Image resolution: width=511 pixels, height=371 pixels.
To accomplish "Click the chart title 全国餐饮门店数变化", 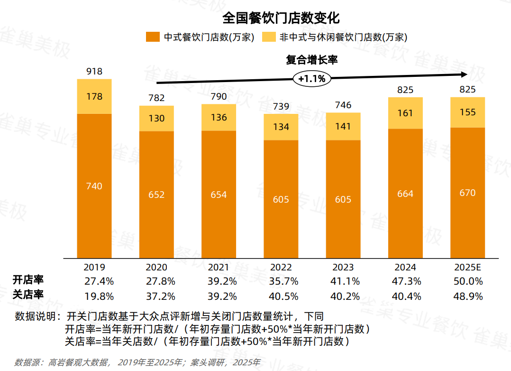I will [x=281, y=18].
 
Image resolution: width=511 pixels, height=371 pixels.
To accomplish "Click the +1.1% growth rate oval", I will [x=312, y=79].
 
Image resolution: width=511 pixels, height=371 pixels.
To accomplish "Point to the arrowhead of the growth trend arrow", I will [x=464, y=74].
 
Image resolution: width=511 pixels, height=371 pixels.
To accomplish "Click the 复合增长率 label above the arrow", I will [x=311, y=60].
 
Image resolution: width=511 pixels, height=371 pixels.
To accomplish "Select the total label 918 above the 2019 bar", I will [x=94, y=71].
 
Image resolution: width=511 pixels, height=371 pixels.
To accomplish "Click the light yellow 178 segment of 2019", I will [x=94, y=96].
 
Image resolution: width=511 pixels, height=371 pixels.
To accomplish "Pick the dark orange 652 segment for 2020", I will [x=156, y=195].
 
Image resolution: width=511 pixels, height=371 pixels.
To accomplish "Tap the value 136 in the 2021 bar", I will [x=219, y=117].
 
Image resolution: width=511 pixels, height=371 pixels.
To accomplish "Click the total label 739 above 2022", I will [x=281, y=106].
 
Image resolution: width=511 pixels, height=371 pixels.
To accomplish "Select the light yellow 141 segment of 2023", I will [x=343, y=126].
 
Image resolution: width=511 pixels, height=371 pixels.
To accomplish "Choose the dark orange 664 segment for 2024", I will [x=405, y=194].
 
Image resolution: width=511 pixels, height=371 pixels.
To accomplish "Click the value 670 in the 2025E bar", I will [x=467, y=193].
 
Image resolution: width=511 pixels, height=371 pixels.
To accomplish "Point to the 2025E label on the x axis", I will [x=467, y=267].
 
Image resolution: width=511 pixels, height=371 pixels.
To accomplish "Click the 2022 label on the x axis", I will [x=281, y=267].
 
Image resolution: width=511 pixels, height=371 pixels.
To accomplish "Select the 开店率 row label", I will [x=28, y=280].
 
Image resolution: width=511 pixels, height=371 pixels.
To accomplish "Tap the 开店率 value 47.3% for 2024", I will [x=405, y=281].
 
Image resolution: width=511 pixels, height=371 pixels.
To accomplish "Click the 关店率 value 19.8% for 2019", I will [x=99, y=297].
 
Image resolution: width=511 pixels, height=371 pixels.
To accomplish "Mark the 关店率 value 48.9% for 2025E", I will [x=467, y=297].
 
